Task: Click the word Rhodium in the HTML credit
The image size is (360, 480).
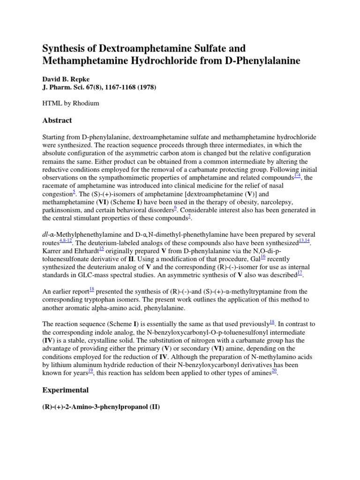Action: pos(89,103)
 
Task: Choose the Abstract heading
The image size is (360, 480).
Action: pos(57,120)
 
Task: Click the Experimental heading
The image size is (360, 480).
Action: pos(66,390)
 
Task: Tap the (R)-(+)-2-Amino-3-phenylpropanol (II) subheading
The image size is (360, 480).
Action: pos(101,407)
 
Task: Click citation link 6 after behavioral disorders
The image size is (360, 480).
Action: pos(175,208)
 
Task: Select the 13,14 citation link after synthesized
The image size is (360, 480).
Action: pos(304,240)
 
